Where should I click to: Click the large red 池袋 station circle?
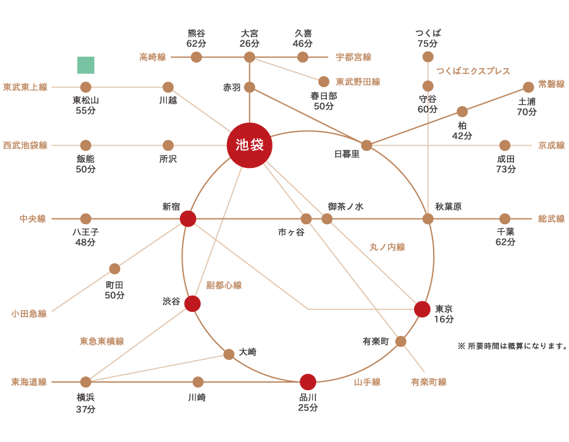tap(250, 145)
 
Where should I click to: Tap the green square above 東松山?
tap(86, 65)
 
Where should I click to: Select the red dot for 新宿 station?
tap(188, 218)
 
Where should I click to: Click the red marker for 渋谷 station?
tap(193, 304)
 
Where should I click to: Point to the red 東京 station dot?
tap(422, 309)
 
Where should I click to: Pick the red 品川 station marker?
tap(308, 382)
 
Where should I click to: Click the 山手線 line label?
tap(367, 382)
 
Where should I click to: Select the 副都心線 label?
tap(224, 285)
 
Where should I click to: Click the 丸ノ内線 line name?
tap(387, 248)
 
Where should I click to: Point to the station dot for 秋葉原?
tap(428, 218)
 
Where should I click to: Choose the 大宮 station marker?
tap(250, 57)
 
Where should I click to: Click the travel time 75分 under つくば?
tap(428, 44)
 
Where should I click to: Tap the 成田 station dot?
tap(505, 145)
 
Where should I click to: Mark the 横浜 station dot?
tap(86, 382)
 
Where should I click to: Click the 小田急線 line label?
tap(28, 314)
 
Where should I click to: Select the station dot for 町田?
tap(114, 269)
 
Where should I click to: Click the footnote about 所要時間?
tap(512, 346)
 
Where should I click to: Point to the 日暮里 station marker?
tap(367, 145)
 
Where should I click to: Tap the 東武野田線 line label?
tap(358, 81)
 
